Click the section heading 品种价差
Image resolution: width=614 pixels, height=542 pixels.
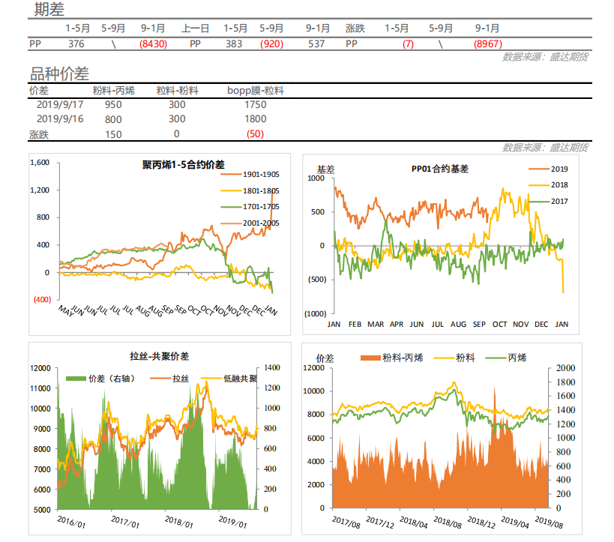(59, 73)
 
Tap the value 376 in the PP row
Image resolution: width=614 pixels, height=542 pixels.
(76, 44)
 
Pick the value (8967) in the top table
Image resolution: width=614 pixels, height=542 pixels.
(488, 44)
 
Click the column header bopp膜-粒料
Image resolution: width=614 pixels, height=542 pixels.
(256, 91)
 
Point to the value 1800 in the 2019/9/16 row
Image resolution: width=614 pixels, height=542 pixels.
(256, 119)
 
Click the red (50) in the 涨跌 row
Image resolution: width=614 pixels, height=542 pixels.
(256, 134)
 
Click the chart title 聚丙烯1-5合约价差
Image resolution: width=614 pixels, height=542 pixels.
(184, 165)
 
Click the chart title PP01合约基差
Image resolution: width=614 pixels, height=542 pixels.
(440, 169)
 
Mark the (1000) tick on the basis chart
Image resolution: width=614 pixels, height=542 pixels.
(315, 313)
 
